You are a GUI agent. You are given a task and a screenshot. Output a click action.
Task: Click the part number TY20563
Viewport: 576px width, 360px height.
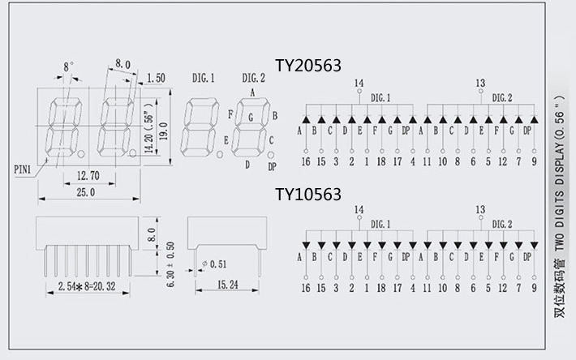(308, 66)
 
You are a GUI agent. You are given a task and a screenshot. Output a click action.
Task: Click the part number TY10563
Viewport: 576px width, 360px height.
(308, 195)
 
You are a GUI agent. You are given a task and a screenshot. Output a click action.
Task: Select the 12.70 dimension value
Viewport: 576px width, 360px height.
(88, 176)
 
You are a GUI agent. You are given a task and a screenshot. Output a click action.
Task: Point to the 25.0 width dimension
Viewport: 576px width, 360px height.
(85, 193)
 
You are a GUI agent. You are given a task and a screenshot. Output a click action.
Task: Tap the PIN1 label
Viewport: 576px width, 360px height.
(23, 169)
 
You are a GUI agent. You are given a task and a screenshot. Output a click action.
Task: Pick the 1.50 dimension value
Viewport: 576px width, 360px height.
(157, 78)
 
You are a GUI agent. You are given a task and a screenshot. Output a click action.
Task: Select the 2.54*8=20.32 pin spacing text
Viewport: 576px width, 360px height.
(87, 286)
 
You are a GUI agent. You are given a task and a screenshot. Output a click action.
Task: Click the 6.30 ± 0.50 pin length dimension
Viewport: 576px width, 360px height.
(170, 260)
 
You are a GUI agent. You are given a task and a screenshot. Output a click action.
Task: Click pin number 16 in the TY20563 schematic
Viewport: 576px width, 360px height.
(306, 162)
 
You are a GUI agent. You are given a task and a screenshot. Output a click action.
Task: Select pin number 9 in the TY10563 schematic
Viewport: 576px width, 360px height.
(535, 287)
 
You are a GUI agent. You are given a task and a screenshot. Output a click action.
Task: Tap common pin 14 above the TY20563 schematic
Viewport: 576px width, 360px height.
(359, 83)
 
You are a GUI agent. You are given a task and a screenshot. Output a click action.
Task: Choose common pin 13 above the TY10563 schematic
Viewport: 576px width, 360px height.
(480, 208)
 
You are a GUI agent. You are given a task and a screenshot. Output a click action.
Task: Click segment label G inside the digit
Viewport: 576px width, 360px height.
(251, 118)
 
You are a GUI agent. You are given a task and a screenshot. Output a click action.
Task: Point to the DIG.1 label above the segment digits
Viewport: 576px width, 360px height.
(203, 78)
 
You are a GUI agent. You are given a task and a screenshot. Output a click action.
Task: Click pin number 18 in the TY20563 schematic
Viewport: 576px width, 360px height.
(382, 162)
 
